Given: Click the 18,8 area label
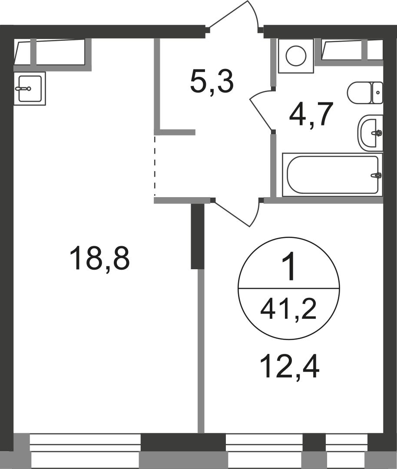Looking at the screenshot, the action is click(x=99, y=258).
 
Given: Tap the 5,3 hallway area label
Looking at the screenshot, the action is click(x=212, y=82).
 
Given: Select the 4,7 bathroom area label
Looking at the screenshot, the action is click(x=311, y=115).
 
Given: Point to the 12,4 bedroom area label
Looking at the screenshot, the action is click(x=290, y=367).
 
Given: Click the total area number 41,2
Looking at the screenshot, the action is click(x=288, y=310).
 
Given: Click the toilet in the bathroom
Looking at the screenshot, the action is click(x=365, y=93).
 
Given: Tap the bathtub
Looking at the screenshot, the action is click(x=332, y=175).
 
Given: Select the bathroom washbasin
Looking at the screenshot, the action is click(x=370, y=133).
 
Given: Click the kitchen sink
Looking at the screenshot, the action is click(x=30, y=89).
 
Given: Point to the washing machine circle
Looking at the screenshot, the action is click(x=296, y=56).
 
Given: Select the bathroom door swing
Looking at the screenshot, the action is click(x=261, y=110).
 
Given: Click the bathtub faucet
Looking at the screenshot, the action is click(x=377, y=175).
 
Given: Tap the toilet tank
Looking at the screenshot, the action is click(x=377, y=93).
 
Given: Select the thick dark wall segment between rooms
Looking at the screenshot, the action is click(x=198, y=236).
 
